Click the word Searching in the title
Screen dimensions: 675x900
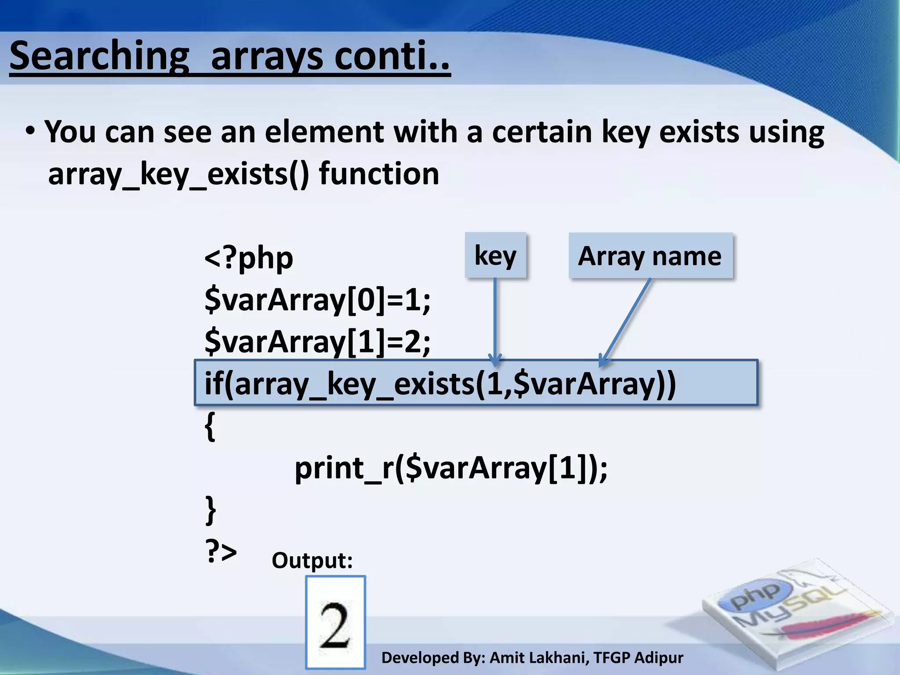tap(99, 56)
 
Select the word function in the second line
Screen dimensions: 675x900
tap(379, 174)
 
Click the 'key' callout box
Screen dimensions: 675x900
tap(495, 255)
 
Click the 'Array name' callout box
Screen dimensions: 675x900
tap(650, 256)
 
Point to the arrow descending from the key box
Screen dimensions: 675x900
tap(495, 321)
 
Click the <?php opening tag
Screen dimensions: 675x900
tap(249, 258)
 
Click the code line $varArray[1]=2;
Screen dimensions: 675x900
tap(317, 341)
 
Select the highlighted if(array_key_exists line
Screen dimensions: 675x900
tap(439, 383)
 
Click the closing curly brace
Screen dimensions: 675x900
tap(210, 510)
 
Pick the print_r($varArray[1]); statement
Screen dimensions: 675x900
tap(450, 468)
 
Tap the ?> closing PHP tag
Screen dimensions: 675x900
tap(221, 551)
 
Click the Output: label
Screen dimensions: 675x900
tap(312, 560)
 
